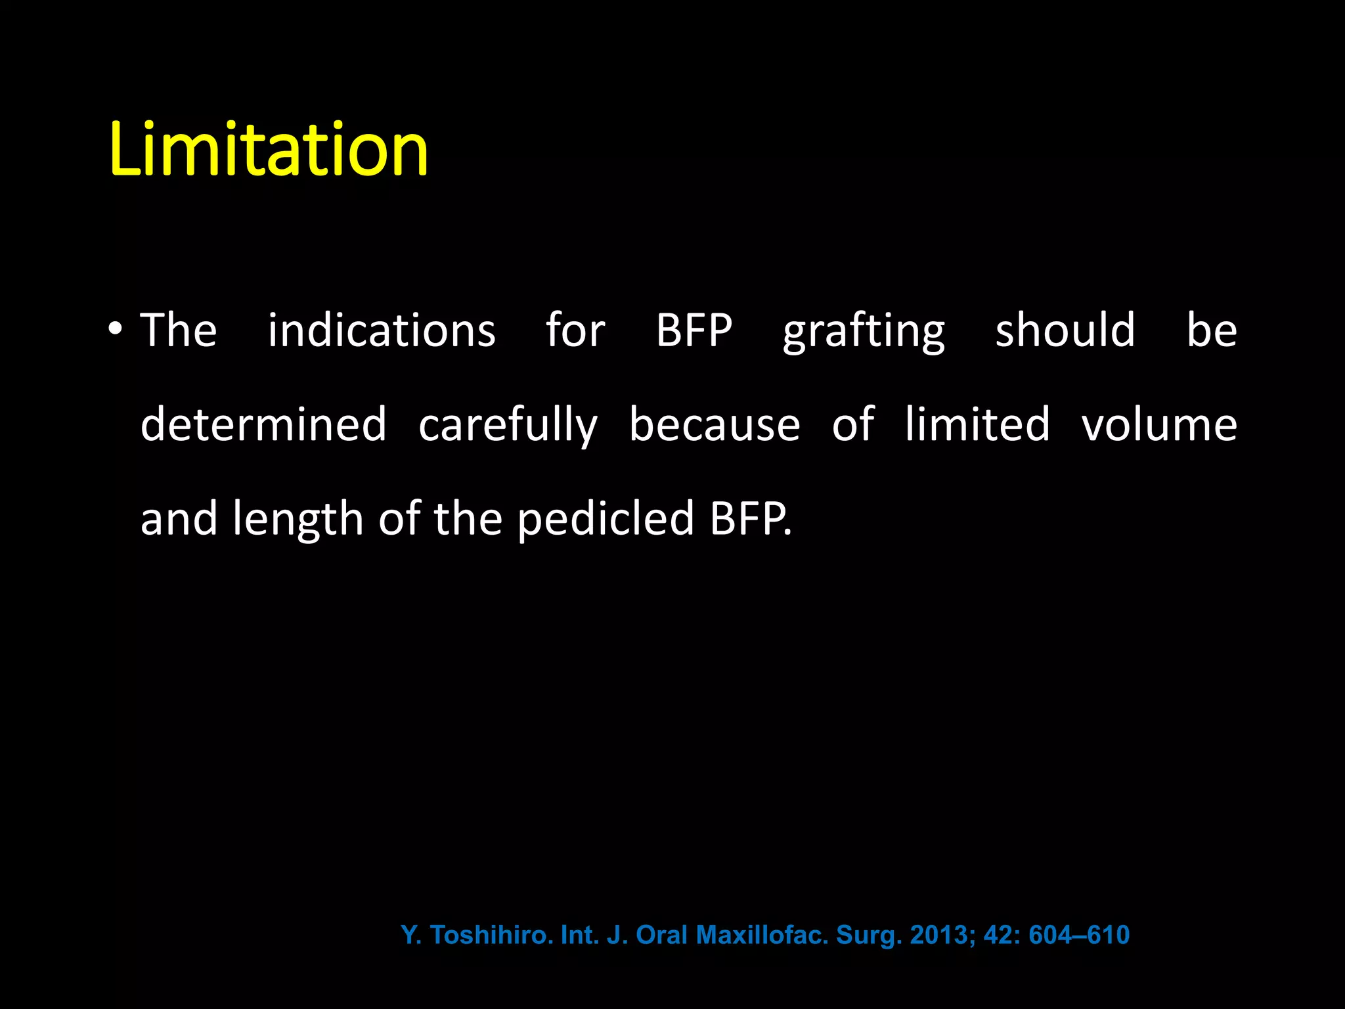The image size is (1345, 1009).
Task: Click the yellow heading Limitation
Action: click(269, 150)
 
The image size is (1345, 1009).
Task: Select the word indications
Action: click(382, 330)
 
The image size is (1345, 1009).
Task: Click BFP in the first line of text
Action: click(694, 330)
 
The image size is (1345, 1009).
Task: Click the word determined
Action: click(263, 424)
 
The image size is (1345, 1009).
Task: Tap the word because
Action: click(715, 424)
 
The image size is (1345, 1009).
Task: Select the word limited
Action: click(977, 424)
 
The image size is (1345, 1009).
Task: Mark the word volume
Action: click(1159, 425)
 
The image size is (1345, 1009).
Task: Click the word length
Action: click(298, 519)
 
